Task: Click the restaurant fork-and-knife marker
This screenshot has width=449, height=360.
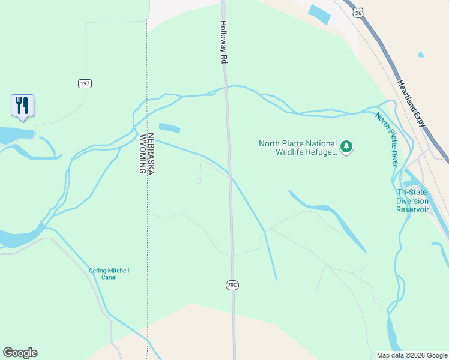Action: pyautogui.click(x=22, y=106)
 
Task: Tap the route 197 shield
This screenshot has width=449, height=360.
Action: pyautogui.click(x=85, y=83)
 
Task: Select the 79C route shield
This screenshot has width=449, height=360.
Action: pyautogui.click(x=232, y=286)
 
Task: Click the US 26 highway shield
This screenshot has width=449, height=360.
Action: pyautogui.click(x=358, y=12)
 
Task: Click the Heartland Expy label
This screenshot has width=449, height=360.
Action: pyautogui.click(x=411, y=103)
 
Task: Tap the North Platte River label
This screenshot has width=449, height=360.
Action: pyautogui.click(x=388, y=140)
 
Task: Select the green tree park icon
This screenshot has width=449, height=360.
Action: pyautogui.click(x=346, y=146)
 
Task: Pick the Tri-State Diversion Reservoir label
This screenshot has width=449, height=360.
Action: pyautogui.click(x=412, y=201)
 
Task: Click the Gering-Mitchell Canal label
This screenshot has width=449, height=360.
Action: pyautogui.click(x=109, y=274)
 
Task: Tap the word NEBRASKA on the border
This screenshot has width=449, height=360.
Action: pyautogui.click(x=151, y=154)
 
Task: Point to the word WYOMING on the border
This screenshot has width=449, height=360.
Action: pyautogui.click(x=143, y=154)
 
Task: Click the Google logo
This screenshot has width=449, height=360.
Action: pyautogui.click(x=20, y=353)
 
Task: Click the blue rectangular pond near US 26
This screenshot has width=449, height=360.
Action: pyautogui.click(x=319, y=14)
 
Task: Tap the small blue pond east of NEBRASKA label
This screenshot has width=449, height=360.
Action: pyautogui.click(x=170, y=128)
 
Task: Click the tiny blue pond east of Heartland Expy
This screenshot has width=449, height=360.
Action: pyautogui.click(x=421, y=55)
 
